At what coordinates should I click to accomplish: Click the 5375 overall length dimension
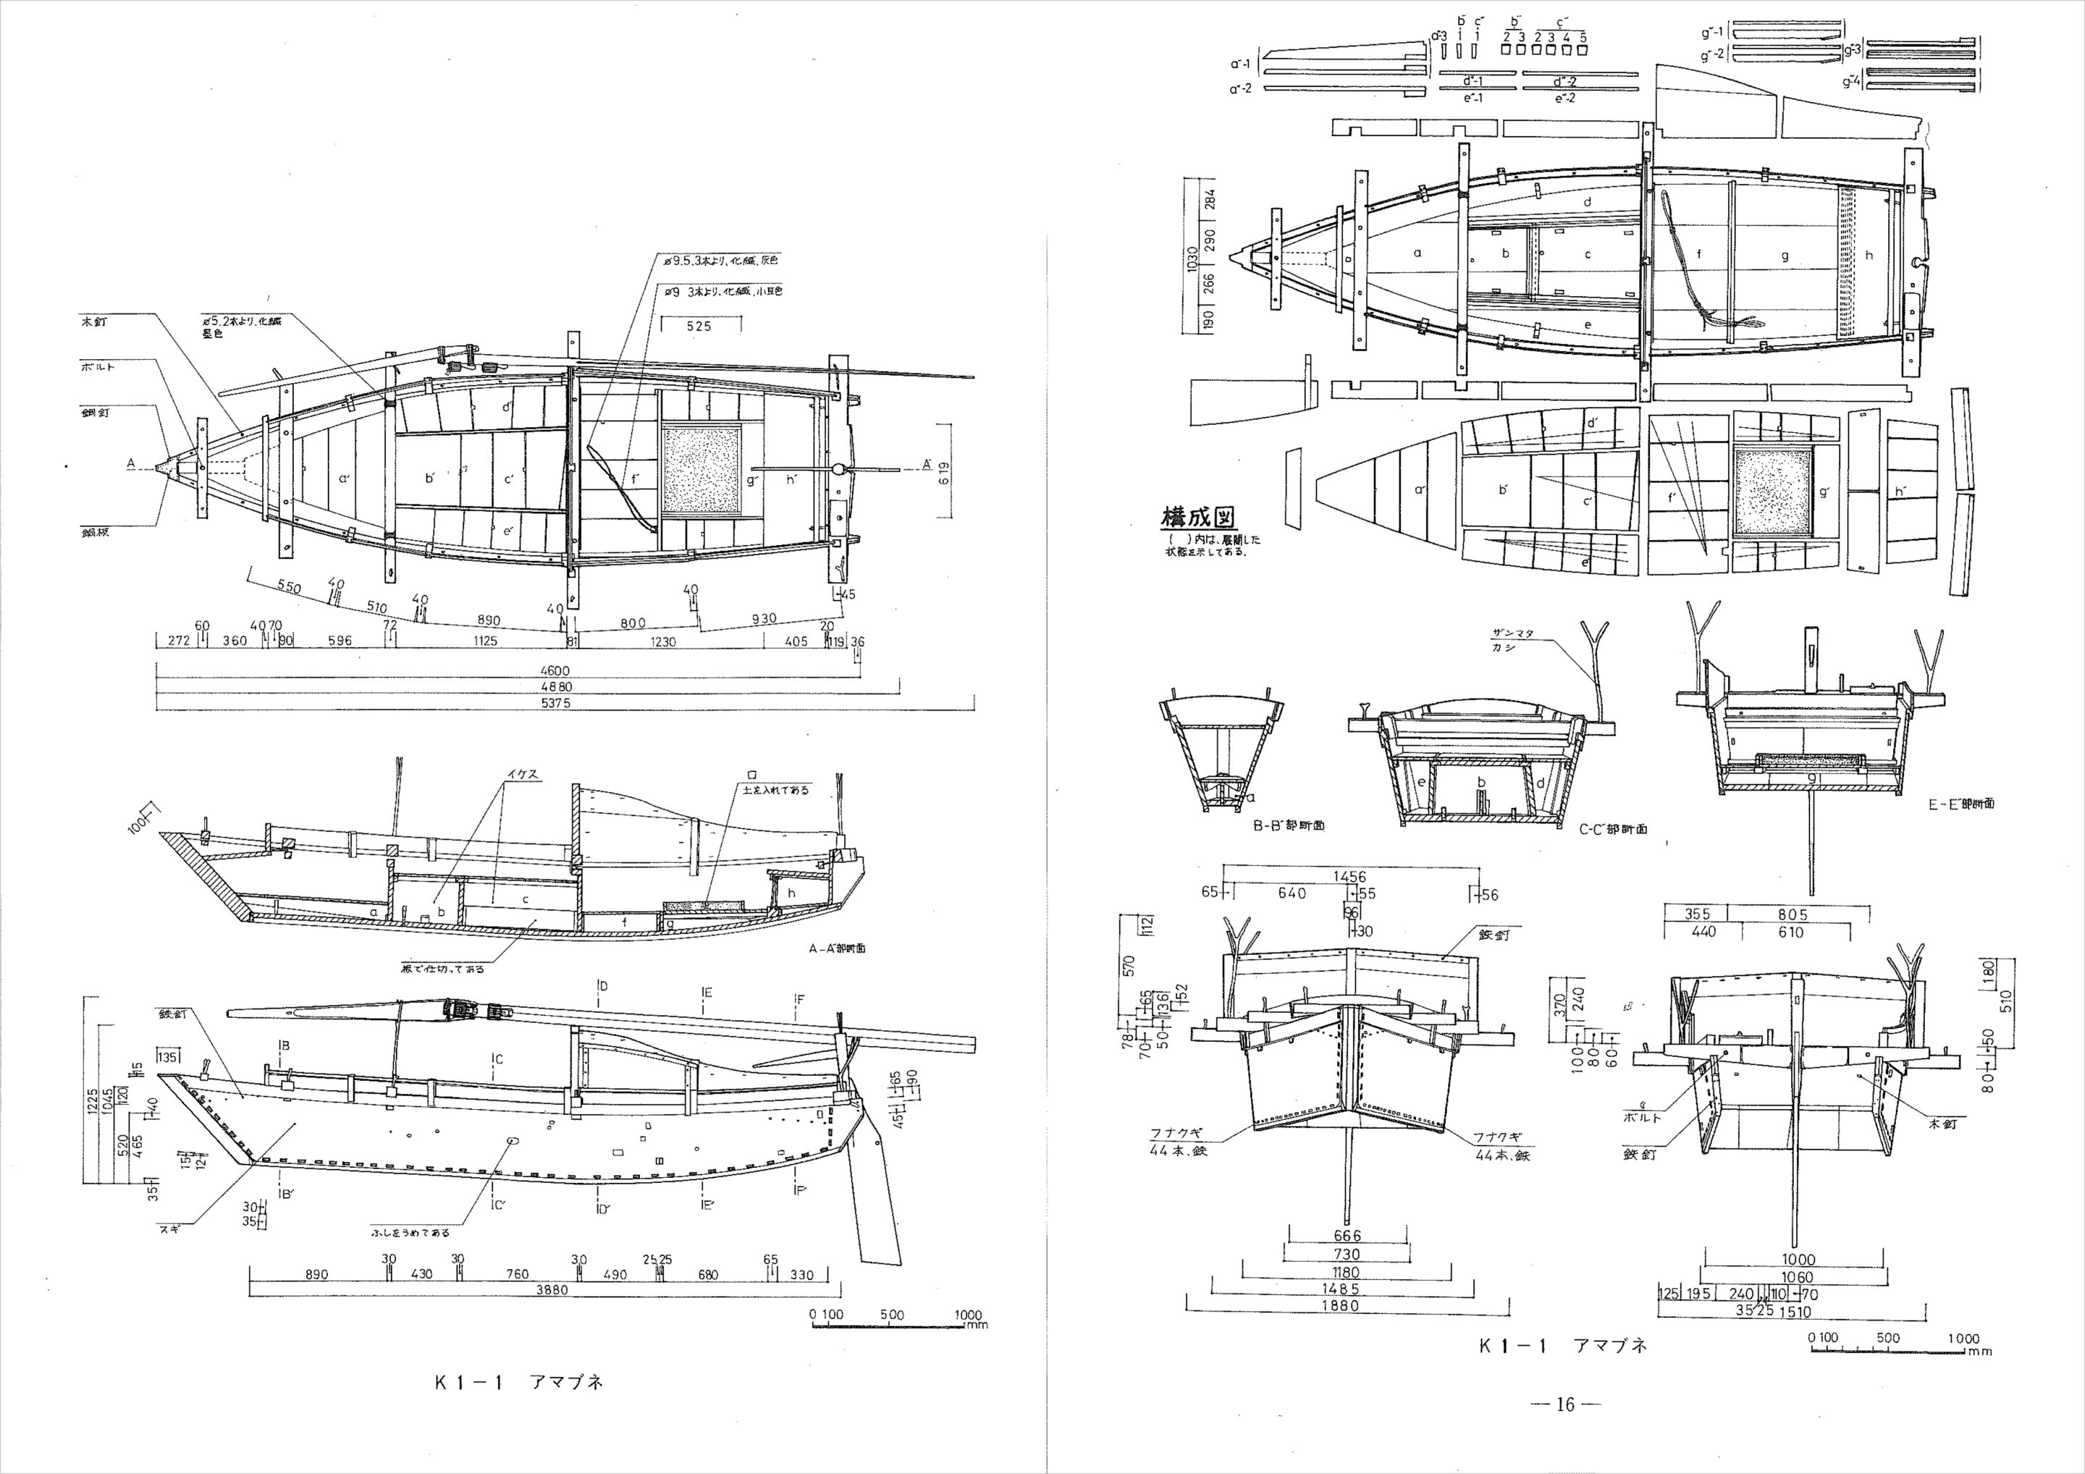[555, 702]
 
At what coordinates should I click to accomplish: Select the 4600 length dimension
[553, 670]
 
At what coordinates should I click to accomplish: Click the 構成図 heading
[1199, 518]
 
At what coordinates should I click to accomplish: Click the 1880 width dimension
[1340, 1306]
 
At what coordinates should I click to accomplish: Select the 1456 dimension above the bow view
[1349, 877]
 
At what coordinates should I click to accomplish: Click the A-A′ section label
[836, 947]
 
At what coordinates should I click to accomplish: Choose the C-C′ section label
[1612, 829]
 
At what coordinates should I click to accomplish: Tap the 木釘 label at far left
[93, 322]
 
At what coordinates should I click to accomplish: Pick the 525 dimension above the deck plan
[699, 325]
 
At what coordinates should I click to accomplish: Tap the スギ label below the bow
[169, 1227]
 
